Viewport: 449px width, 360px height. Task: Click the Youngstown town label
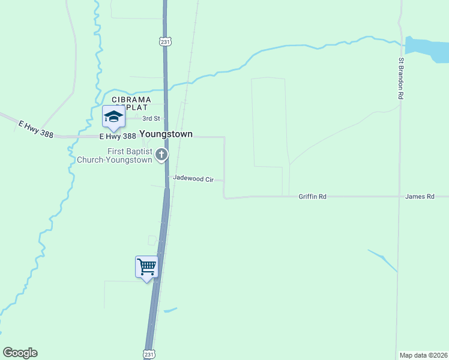(x=166, y=134)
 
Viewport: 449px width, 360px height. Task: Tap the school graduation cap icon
(x=113, y=116)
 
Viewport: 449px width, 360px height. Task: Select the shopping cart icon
(x=147, y=266)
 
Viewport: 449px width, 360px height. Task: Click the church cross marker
(x=161, y=155)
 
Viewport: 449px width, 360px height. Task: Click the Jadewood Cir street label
(x=193, y=179)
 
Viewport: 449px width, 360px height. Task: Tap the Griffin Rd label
(x=312, y=196)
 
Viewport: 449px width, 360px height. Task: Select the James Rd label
(x=419, y=196)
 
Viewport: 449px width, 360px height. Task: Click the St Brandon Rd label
(x=401, y=78)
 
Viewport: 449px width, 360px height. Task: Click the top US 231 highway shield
(x=166, y=41)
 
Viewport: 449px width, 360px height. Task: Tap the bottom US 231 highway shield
(x=149, y=353)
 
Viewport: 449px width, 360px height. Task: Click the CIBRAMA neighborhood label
(x=130, y=100)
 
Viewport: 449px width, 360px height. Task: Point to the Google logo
(x=20, y=353)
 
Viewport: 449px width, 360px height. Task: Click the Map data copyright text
(x=423, y=355)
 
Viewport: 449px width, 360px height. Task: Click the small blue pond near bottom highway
(x=170, y=310)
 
